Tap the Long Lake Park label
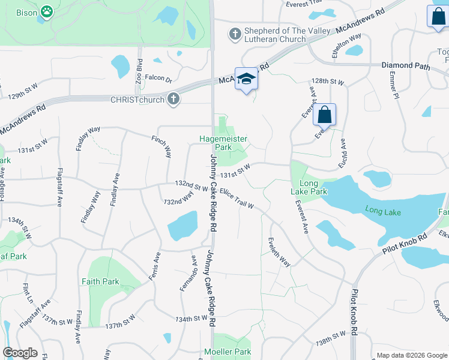[313, 187]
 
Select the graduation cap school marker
[246, 79]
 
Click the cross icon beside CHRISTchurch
[173, 100]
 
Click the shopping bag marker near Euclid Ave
[324, 115]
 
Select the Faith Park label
[100, 281]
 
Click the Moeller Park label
[227, 352]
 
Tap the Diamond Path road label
[406, 65]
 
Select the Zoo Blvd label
[139, 70]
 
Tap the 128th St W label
[327, 81]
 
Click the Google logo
[20, 353]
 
